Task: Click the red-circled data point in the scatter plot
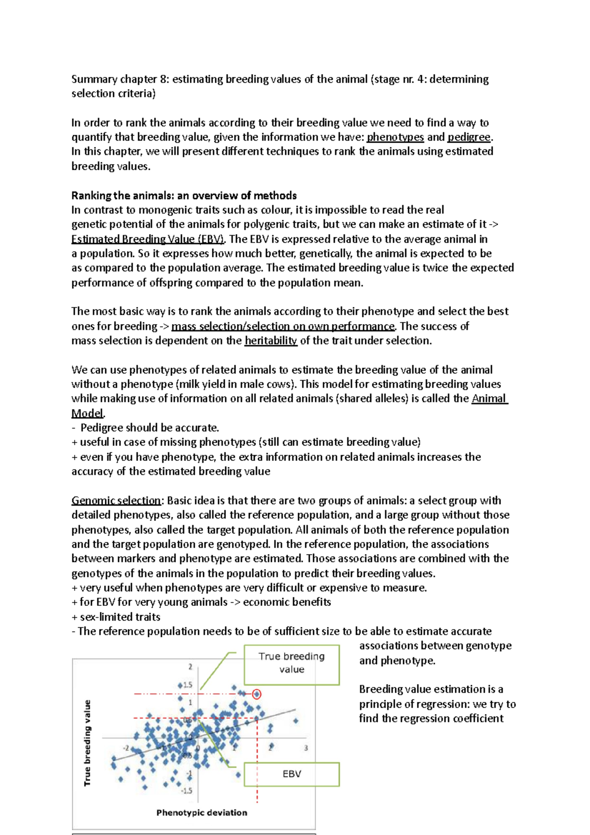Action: pos(257,694)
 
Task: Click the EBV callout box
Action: pos(292,774)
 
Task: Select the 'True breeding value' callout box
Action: pos(292,664)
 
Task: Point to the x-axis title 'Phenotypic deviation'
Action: pos(202,813)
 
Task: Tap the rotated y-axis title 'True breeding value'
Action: pos(88,743)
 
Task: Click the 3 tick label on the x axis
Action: pos(306,748)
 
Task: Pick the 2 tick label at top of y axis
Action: pos(190,667)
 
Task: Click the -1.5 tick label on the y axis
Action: pos(187,791)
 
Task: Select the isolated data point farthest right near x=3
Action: pos(295,721)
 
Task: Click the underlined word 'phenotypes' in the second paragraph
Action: pos(395,137)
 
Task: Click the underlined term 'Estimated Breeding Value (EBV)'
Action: pos(147,239)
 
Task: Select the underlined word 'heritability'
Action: pos(271,341)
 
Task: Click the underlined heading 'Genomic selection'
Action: pos(116,501)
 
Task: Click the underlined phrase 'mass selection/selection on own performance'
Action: pos(283,327)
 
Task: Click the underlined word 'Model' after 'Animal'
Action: pos(88,414)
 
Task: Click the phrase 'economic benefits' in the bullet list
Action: pos(287,602)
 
